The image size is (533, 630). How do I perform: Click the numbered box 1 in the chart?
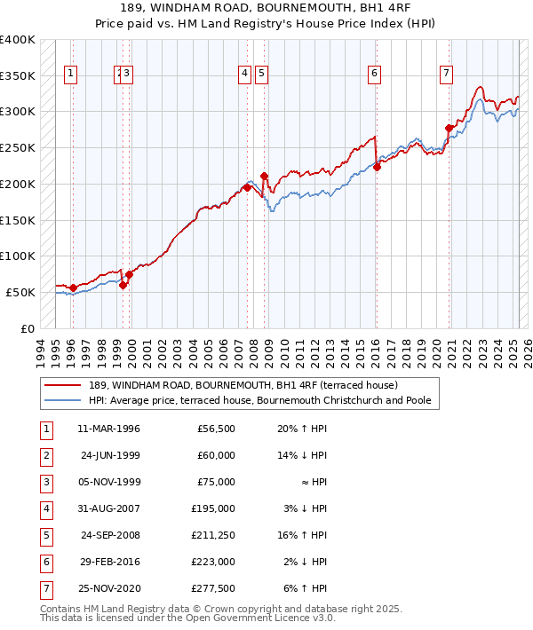[70, 74]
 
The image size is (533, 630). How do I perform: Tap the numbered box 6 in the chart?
[375, 74]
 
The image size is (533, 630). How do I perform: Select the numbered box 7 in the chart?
[445, 74]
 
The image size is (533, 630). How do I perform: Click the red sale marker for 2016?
[377, 166]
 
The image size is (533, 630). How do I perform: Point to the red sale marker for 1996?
[73, 287]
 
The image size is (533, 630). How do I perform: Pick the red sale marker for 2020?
[449, 128]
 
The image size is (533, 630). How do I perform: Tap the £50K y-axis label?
[20, 292]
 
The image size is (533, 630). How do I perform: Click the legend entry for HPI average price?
[259, 401]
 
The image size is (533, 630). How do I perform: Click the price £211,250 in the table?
[210, 535]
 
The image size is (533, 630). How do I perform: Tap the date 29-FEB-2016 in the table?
[109, 562]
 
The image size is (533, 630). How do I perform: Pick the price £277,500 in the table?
[210, 588]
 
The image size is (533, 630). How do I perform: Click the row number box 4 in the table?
[45, 508]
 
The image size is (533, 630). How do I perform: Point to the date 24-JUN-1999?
[110, 455]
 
